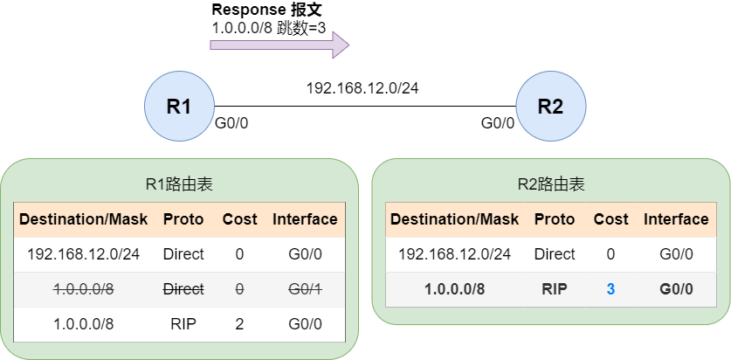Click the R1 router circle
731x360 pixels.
179,107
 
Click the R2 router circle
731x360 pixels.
550,107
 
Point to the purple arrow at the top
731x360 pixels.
279,44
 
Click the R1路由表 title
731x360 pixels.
179,184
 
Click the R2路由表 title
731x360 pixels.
550,184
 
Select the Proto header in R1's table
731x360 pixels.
183,219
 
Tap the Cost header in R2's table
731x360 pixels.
610,219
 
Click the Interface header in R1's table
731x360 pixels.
305,219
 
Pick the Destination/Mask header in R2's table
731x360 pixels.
454,219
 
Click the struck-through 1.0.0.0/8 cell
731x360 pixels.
83,289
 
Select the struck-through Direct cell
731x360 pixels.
183,289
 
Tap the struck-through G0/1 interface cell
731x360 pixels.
305,289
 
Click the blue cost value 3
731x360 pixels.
610,289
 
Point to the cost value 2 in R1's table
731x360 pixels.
239,324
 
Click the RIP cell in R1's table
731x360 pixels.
183,324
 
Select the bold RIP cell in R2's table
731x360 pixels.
555,289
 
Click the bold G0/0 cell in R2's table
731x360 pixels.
676,289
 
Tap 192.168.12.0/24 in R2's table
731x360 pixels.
454,254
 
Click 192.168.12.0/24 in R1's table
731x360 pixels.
83,254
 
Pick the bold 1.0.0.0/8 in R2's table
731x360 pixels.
454,289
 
